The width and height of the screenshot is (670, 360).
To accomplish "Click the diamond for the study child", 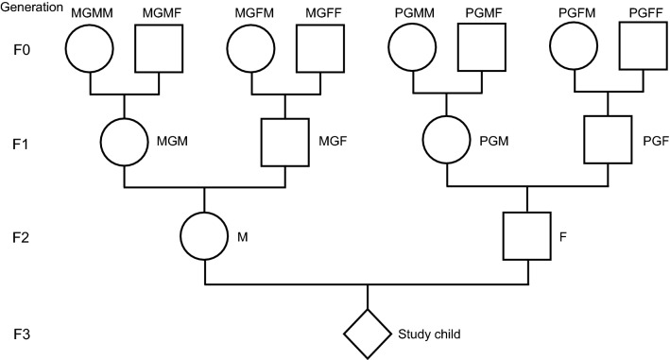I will coord(366,333).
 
